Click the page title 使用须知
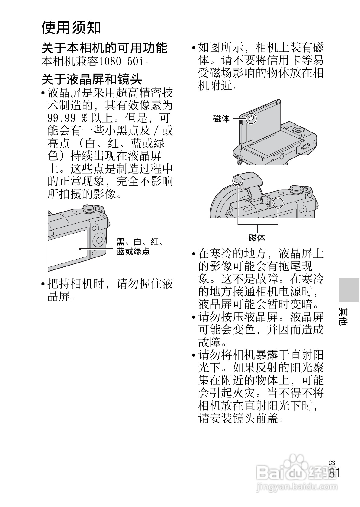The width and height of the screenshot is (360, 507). (x=71, y=27)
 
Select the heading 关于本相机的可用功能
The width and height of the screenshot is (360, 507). (x=104, y=48)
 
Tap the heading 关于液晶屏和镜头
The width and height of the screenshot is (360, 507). (x=92, y=79)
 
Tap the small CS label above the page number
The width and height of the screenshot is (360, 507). (x=332, y=463)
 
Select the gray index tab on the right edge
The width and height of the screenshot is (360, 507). (x=349, y=290)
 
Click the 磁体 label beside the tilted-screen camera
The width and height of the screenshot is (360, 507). (x=221, y=119)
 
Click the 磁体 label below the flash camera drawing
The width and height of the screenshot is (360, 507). (x=257, y=238)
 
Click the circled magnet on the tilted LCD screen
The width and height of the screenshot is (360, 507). (x=250, y=118)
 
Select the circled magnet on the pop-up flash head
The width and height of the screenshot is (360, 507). (x=238, y=181)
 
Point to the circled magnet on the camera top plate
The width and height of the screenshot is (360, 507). (x=278, y=203)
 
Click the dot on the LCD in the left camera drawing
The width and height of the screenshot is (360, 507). (x=80, y=249)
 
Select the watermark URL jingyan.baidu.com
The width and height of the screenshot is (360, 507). (x=296, y=486)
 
